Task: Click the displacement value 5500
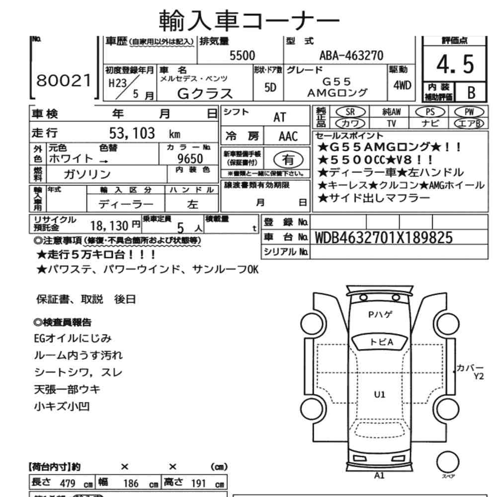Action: coord(242,56)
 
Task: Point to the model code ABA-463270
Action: coord(351,56)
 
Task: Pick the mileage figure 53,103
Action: coord(132,133)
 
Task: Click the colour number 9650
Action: coord(190,159)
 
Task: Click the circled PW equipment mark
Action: coord(466,112)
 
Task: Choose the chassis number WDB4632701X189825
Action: coord(384,238)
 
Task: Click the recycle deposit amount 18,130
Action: coord(109,226)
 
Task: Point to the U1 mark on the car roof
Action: coord(380,395)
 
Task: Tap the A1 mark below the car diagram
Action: coord(379,475)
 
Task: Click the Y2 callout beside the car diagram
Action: coord(479,376)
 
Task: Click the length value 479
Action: coord(67,483)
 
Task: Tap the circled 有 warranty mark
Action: coord(288,159)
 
